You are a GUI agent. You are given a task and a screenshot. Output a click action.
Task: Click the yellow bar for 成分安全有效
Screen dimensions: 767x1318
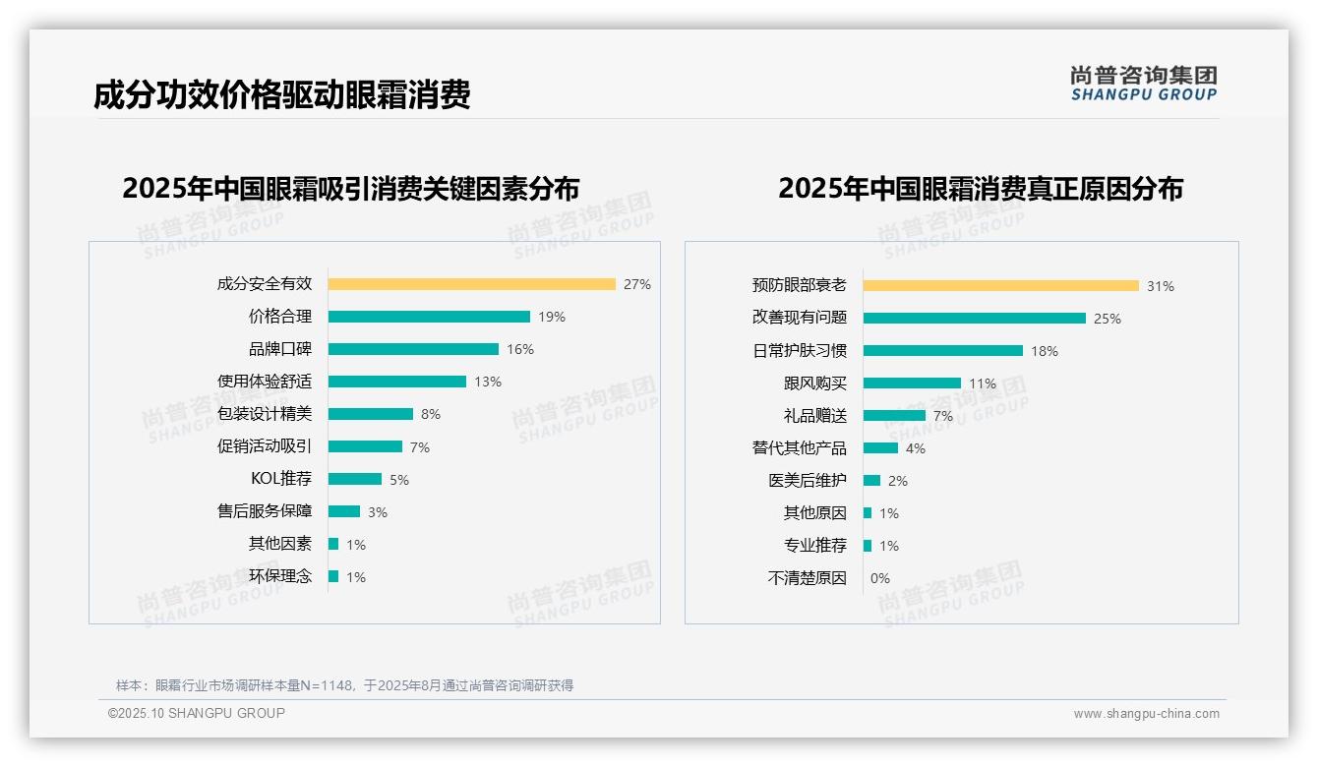click(471, 284)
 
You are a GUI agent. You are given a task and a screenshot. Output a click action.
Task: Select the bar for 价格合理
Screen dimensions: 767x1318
click(429, 317)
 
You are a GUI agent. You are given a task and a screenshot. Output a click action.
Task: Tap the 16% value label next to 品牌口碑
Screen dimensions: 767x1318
click(520, 349)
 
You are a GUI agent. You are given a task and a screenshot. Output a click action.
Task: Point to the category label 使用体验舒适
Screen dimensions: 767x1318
click(264, 382)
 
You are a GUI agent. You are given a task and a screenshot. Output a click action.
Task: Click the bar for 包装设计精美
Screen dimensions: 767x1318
click(370, 414)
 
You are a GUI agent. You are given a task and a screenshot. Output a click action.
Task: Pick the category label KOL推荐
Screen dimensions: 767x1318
click(281, 479)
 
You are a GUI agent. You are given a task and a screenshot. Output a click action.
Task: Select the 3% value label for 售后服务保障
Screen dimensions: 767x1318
click(378, 511)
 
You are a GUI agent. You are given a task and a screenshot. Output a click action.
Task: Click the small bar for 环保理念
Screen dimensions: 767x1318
click(333, 576)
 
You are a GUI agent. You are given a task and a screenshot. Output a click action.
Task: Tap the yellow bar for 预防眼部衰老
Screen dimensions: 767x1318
click(1000, 286)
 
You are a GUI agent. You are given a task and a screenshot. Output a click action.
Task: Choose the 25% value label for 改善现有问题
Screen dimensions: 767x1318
click(1108, 319)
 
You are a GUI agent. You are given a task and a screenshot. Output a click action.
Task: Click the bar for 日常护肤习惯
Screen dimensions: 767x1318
click(942, 351)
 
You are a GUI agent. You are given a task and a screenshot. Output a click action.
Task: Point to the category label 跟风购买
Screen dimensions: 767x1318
click(814, 383)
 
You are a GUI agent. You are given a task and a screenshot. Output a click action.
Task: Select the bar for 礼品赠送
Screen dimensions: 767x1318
click(894, 416)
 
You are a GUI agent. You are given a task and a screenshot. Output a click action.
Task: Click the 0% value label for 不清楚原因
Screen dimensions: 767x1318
click(879, 578)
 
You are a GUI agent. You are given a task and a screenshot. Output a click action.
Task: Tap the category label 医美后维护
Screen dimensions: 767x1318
click(807, 481)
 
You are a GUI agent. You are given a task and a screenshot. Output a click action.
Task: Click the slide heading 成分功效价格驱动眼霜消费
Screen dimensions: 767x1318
click(282, 94)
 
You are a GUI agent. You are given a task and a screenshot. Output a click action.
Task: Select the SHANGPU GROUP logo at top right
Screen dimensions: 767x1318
click(1143, 84)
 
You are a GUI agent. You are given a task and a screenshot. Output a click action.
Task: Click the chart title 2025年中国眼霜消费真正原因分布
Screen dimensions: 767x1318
click(980, 188)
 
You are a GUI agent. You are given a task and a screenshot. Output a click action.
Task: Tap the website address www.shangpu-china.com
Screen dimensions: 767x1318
click(1146, 714)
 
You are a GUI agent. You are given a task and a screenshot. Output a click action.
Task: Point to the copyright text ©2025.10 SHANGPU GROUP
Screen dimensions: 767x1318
click(197, 713)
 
